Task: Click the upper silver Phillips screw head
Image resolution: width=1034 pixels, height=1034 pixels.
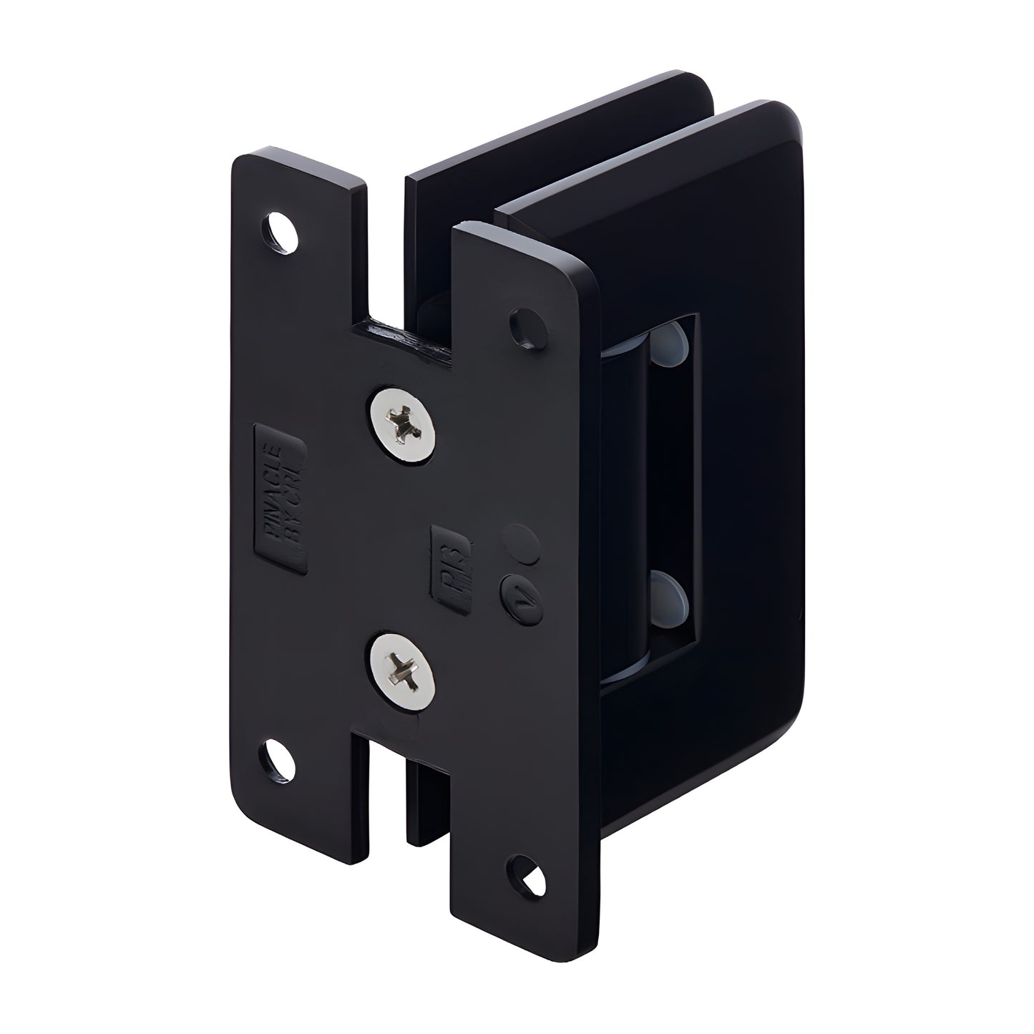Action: tap(404, 424)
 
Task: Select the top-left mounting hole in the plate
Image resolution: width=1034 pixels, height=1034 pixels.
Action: tap(283, 232)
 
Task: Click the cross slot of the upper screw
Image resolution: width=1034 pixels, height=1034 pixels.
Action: tap(404, 424)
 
